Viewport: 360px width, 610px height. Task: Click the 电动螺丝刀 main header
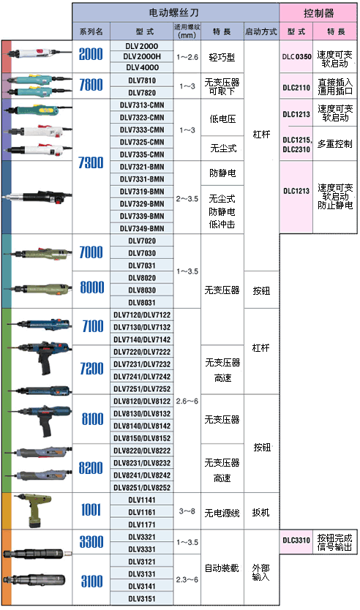[x=173, y=13]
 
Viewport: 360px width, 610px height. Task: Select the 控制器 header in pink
[x=318, y=13]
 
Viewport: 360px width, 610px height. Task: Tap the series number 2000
[x=91, y=54]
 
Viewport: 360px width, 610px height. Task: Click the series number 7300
[x=91, y=162]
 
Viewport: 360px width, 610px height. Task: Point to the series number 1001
[x=91, y=510]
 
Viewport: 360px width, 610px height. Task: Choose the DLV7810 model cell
[x=142, y=80]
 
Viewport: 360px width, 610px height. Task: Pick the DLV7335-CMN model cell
[x=142, y=154]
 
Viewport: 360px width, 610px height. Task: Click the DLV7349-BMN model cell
[x=142, y=228]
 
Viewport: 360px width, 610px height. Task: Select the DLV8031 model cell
[x=142, y=302]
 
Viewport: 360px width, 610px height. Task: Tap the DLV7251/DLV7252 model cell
[x=142, y=388]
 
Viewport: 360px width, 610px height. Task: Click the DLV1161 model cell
[x=142, y=512]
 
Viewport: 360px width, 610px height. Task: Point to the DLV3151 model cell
[x=142, y=598]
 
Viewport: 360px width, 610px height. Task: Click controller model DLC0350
[x=296, y=56]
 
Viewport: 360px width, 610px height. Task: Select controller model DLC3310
[x=296, y=540]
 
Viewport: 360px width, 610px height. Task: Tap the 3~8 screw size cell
[x=187, y=511]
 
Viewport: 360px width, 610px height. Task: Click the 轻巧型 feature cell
[x=222, y=57]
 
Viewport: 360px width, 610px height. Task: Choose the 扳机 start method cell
[x=260, y=512]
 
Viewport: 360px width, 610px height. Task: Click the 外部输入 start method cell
[x=260, y=572]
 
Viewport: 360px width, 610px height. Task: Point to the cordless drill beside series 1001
[x=34, y=510]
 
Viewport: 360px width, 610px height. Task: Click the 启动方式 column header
[x=261, y=31]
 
